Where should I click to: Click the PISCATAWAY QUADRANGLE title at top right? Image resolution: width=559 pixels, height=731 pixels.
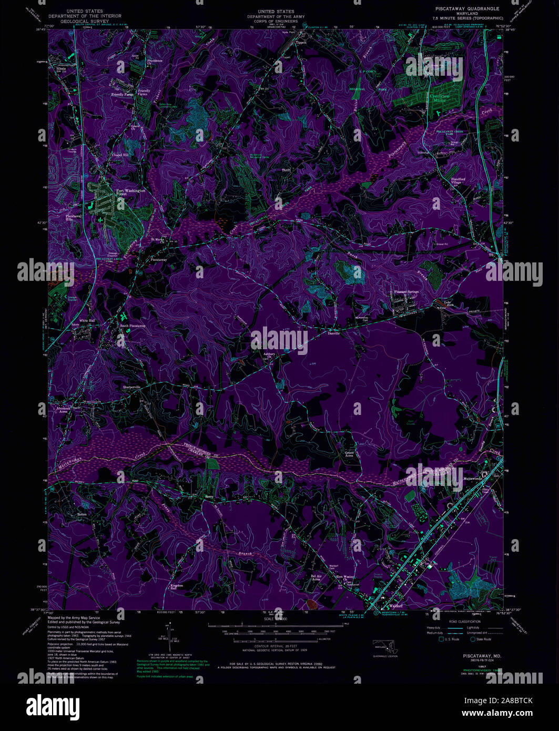tap(467, 9)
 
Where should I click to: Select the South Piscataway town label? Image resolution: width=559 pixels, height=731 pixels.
tap(133, 326)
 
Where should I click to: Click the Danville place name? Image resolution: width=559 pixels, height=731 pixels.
tap(334, 333)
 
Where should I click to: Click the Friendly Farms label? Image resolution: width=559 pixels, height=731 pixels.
tap(121, 95)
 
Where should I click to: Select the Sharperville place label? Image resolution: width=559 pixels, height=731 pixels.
tap(132, 387)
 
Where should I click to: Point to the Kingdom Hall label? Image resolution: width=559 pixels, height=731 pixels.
tap(176, 587)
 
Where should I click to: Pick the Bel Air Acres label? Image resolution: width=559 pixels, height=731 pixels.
tap(316, 577)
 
